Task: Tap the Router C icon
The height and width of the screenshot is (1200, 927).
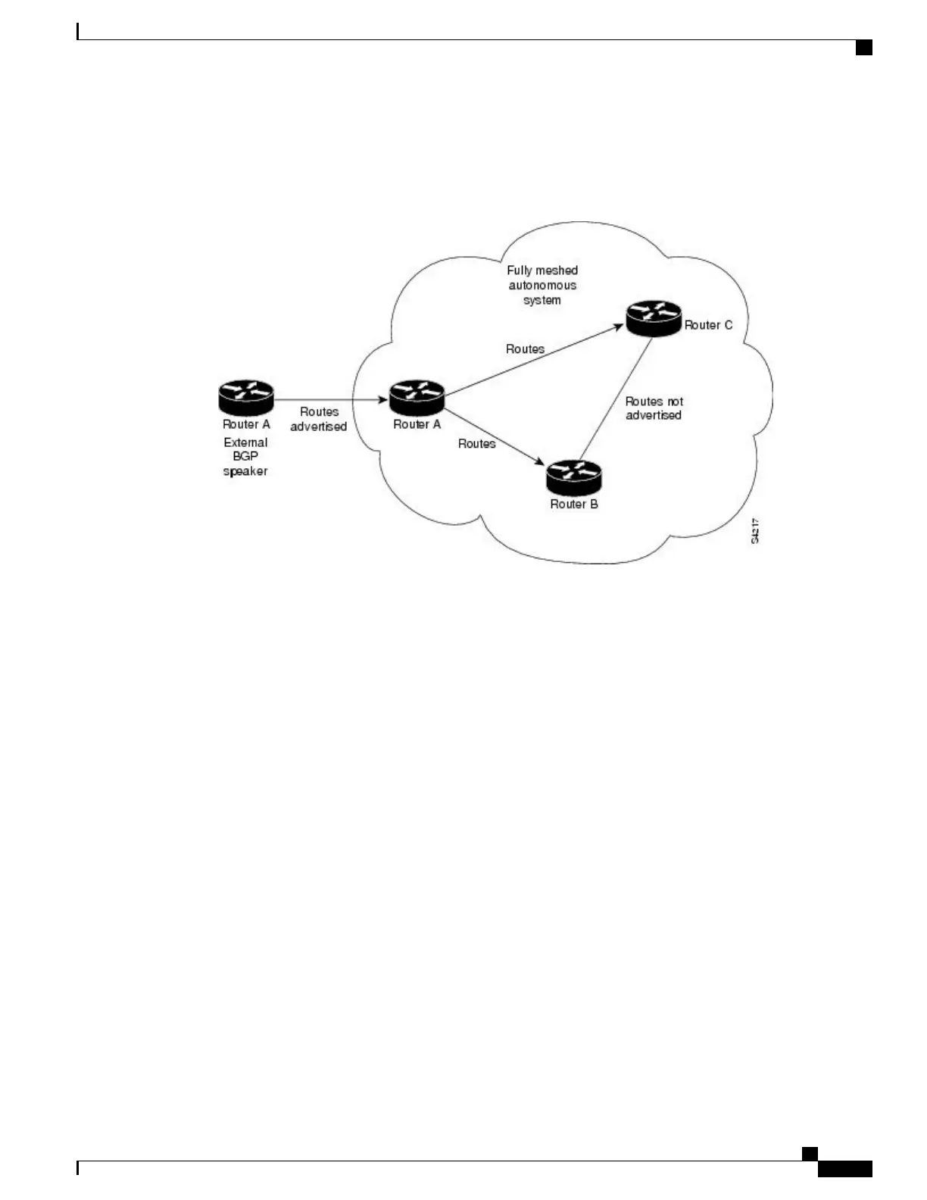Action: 654,318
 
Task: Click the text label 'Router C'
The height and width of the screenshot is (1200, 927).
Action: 708,325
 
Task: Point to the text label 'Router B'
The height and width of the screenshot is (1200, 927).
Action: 574,505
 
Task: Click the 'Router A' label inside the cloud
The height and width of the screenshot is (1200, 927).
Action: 417,425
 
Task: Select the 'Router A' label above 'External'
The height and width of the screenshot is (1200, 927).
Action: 246,425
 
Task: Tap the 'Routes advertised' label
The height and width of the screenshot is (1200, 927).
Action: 319,419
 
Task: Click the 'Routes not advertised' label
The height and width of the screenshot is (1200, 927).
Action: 654,408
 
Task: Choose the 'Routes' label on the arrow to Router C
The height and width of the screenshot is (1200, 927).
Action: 525,349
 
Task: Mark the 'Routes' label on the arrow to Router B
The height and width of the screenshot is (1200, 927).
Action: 476,444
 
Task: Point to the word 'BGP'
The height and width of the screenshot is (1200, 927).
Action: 245,457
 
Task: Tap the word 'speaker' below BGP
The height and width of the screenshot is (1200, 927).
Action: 245,471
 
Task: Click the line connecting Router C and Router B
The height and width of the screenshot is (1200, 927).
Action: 615,399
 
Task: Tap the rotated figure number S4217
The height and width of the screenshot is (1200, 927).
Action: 756,531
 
